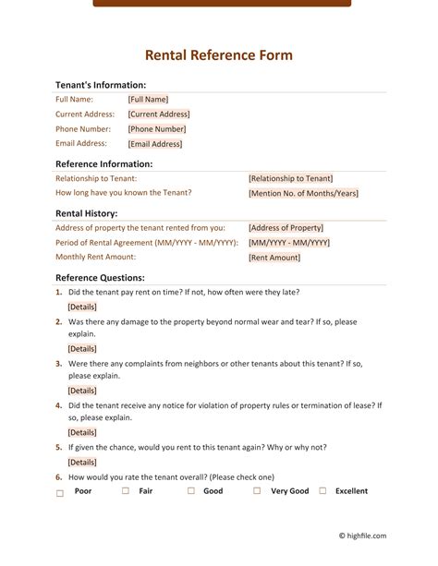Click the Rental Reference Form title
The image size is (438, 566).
pos(219,55)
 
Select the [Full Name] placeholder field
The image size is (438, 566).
pos(148,100)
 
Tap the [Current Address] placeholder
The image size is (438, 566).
pos(159,114)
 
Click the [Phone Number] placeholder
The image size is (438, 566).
pos(157,129)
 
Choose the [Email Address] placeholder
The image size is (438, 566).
pos(155,144)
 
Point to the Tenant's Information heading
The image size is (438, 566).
pos(101,84)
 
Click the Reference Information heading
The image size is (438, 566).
pos(103,163)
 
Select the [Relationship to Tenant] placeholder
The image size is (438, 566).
pos(290,178)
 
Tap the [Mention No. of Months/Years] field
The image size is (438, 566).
pos(303,194)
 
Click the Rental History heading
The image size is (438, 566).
pos(86,213)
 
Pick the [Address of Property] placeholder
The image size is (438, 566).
pos(286,228)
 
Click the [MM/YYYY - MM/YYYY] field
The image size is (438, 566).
pos(288,243)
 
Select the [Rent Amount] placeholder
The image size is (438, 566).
pos(274,259)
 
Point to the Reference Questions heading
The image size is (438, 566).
pos(100,277)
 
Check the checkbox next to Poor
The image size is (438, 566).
pos(60,494)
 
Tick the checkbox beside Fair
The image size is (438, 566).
pos(126,491)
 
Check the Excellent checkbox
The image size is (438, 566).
pos(322,491)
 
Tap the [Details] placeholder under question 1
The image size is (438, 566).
pos(82,307)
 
